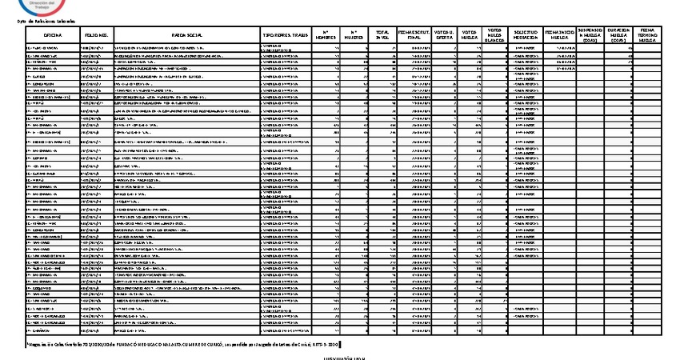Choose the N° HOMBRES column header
[326, 35]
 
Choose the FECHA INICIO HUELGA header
[559, 35]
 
